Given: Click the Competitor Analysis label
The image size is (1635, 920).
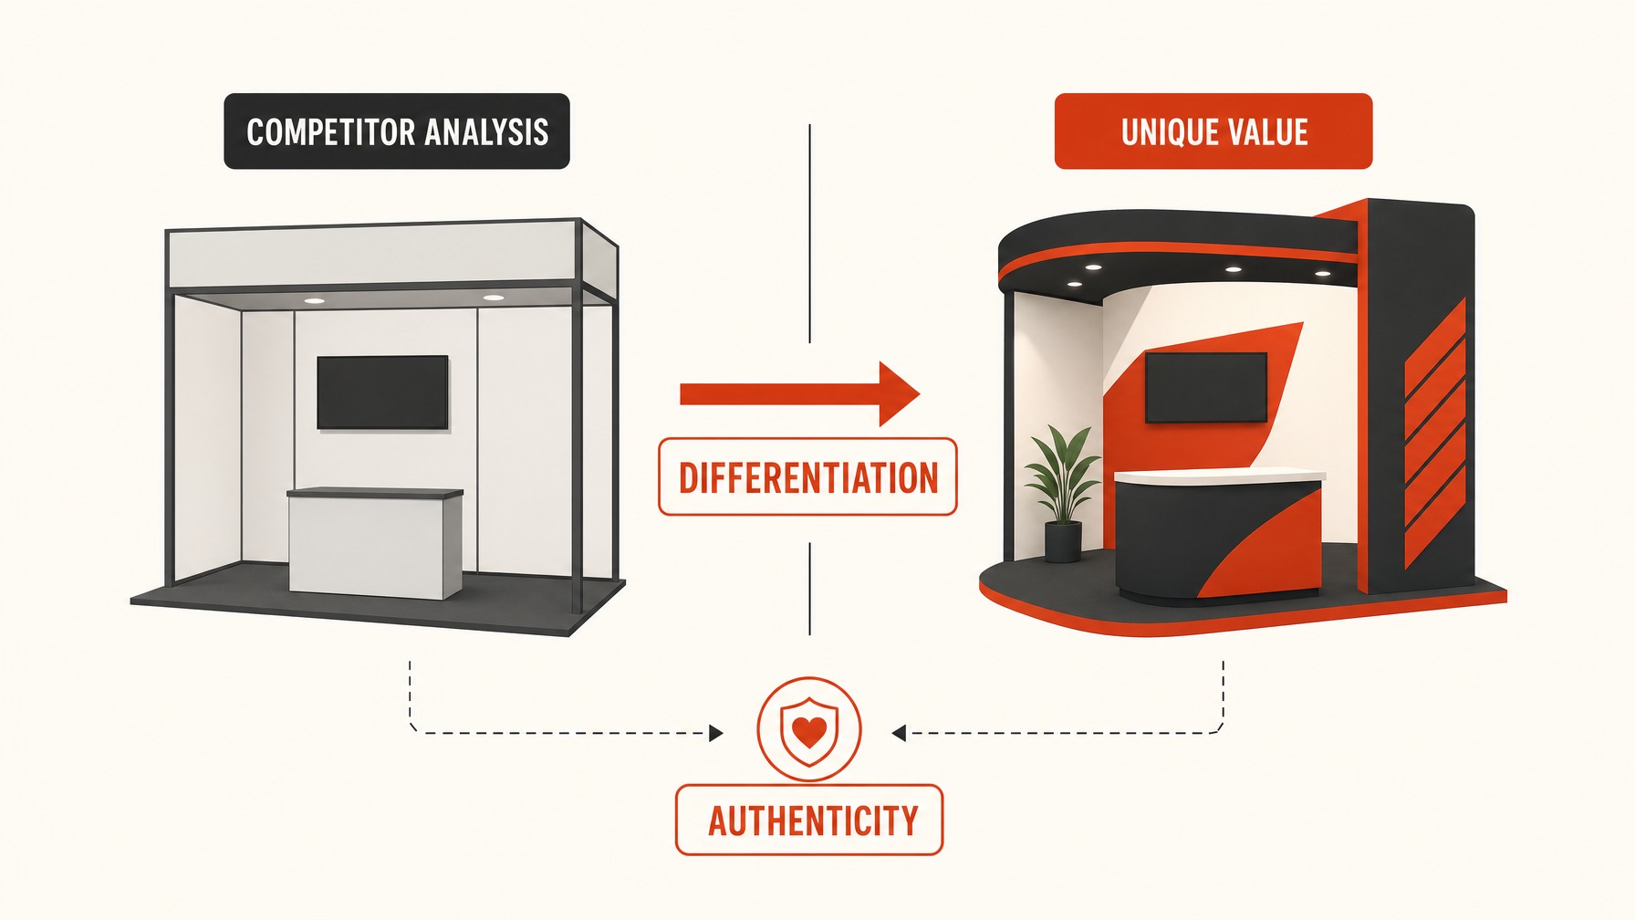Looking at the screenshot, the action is [397, 131].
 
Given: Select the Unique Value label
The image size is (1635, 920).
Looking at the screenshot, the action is [1213, 131].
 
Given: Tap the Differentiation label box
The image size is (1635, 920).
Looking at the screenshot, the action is [807, 477].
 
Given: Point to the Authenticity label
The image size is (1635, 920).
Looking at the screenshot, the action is [809, 820].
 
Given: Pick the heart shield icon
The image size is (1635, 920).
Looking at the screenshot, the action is [808, 729].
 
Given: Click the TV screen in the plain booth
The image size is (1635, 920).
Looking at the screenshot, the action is [382, 392].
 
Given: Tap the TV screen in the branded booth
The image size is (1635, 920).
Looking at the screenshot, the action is [1206, 388].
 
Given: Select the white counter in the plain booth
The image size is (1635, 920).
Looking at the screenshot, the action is [375, 543].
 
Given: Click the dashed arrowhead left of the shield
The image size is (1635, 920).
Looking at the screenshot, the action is [716, 733].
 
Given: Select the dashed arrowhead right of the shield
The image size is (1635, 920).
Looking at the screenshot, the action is [899, 733].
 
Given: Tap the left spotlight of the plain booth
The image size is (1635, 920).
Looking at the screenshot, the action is [314, 300].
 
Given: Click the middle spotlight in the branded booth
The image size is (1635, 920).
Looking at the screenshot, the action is [1234, 269].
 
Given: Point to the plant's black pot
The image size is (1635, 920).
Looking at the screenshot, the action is [1062, 542].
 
